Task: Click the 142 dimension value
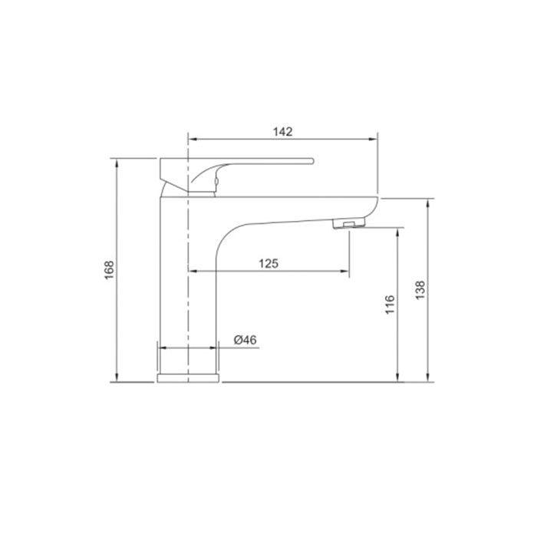click(x=282, y=131)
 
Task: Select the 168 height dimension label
click(x=109, y=270)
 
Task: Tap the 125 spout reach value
click(x=268, y=263)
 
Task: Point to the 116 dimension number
click(x=390, y=305)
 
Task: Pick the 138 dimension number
click(x=420, y=290)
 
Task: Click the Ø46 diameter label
click(x=245, y=340)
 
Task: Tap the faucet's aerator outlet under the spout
click(x=349, y=224)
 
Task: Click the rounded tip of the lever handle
click(x=312, y=161)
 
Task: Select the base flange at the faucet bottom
click(x=188, y=378)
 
